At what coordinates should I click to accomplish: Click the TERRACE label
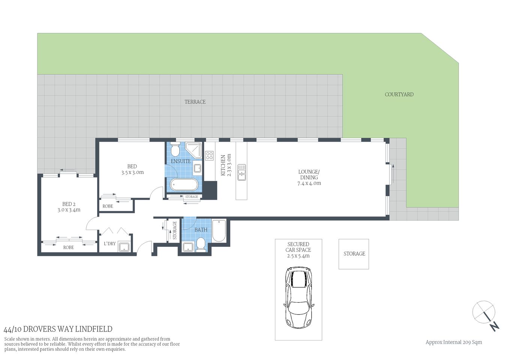click(x=195, y=102)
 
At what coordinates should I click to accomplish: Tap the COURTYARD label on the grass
click(x=399, y=94)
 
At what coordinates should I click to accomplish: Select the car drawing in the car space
click(x=298, y=297)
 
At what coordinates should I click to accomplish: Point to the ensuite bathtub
click(x=183, y=185)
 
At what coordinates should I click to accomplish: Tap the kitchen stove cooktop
click(x=209, y=155)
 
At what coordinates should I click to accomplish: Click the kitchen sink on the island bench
click(x=242, y=172)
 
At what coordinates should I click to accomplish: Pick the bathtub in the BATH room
click(x=219, y=231)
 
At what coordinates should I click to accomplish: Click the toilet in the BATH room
click(x=201, y=244)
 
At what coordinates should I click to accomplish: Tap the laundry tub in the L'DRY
click(x=124, y=247)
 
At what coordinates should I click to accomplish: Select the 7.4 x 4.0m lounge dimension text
click(x=309, y=183)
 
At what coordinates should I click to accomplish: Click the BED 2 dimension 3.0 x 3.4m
click(x=69, y=210)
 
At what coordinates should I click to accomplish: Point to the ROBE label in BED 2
click(x=68, y=247)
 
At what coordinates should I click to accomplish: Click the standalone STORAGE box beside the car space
click(x=354, y=254)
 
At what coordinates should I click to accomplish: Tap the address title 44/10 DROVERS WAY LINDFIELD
click(x=58, y=329)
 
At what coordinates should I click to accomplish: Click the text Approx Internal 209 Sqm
click(x=453, y=342)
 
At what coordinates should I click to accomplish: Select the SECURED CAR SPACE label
click(x=298, y=247)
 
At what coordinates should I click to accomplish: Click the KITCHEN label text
click(x=223, y=165)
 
